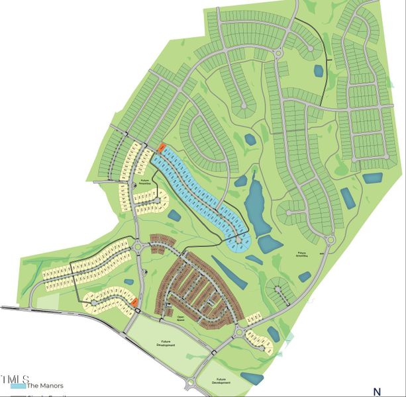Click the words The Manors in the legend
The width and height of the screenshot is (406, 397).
(44, 385)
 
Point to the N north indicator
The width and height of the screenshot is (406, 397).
(377, 391)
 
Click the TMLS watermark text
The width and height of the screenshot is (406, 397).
(15, 378)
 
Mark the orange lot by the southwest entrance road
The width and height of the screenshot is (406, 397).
(134, 302)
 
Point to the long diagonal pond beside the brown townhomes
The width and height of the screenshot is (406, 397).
(229, 272)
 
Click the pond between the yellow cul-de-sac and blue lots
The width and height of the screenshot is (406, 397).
(175, 215)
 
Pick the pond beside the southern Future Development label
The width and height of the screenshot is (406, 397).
(252, 378)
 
